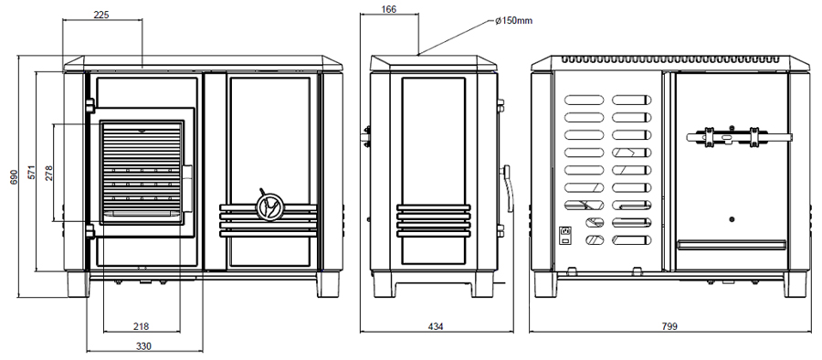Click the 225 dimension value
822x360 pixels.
tap(101, 15)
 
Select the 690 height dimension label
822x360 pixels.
tap(14, 177)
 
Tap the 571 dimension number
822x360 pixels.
tap(31, 173)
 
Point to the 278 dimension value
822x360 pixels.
tap(48, 173)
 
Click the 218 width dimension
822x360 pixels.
tap(141, 326)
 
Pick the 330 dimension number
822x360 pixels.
tap(143, 346)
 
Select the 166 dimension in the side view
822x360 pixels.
tap(389, 9)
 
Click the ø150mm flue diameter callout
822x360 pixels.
tap(513, 21)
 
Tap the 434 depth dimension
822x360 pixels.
tap(436, 326)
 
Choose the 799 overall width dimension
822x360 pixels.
tap(669, 326)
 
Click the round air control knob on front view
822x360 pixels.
tap(270, 206)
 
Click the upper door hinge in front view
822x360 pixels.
tap(90, 105)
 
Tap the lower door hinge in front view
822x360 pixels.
tap(90, 231)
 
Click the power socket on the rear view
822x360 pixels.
tap(565, 235)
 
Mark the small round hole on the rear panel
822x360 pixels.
tap(732, 219)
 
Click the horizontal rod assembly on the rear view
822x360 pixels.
tap(739, 136)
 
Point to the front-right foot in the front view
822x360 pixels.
tap(328, 284)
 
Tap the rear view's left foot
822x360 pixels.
tap(546, 284)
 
